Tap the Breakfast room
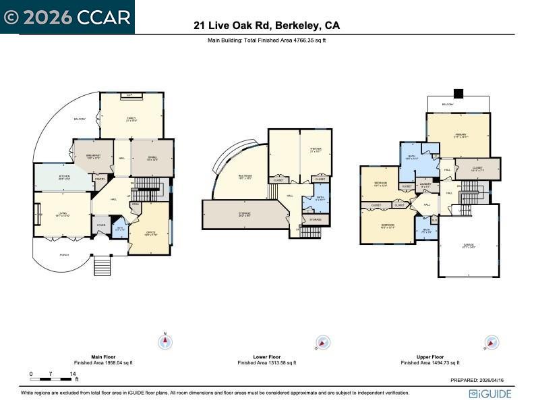tap(94, 157)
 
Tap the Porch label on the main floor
tap(64, 254)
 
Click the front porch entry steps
tap(101, 265)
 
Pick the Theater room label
tap(316, 150)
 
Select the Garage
tap(469, 247)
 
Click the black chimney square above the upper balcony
tap(458, 93)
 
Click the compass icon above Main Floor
tap(165, 342)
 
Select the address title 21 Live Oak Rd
tap(266, 26)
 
